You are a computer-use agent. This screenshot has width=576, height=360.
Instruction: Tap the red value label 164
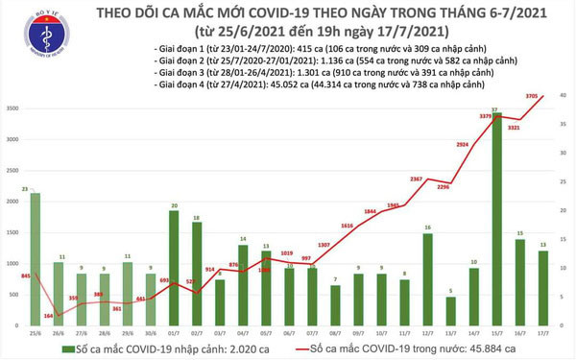pos(48,314)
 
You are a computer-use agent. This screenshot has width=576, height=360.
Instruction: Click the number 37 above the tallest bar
pos(494,109)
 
